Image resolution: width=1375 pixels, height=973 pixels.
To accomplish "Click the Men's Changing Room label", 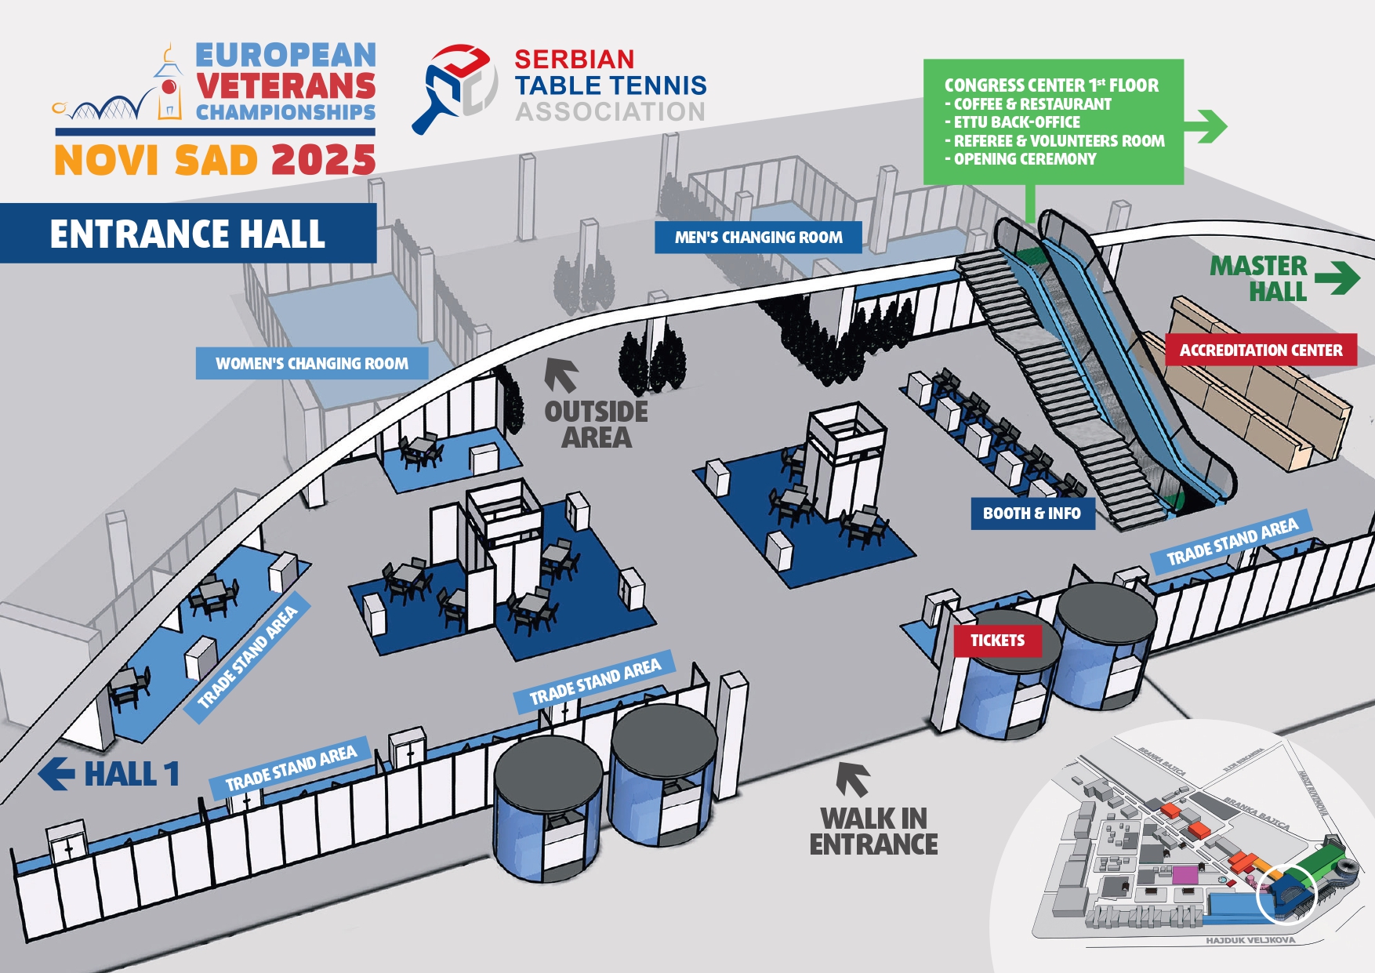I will tap(758, 238).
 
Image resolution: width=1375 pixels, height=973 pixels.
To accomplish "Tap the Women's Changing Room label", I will tap(312, 364).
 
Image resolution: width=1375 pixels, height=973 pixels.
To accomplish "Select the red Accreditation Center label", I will tap(1261, 350).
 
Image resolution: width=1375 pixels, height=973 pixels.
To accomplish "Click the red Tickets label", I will tap(997, 641).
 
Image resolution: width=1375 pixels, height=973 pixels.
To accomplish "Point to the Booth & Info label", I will tap(1032, 514).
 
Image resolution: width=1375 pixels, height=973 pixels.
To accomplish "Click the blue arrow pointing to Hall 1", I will tap(56, 774).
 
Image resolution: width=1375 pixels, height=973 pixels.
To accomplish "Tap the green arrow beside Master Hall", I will tap(1337, 278).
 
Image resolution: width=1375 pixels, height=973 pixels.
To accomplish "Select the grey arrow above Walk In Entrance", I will tap(852, 779).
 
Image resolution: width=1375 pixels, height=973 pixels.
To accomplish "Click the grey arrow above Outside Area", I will tap(561, 374).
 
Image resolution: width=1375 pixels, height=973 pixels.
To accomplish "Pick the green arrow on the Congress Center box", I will tap(1207, 125).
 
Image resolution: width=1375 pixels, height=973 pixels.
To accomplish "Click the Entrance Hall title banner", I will tap(187, 234).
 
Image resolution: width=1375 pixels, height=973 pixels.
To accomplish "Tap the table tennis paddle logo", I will tap(455, 88).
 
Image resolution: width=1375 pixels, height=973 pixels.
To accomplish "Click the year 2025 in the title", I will tap(323, 161).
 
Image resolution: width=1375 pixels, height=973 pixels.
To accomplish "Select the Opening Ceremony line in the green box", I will tap(1025, 159).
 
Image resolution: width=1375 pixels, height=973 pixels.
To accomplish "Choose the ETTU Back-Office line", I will tap(1017, 122).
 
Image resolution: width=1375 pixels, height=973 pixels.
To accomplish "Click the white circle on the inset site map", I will tap(1286, 895).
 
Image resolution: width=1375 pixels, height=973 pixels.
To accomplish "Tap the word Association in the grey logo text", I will tap(610, 112).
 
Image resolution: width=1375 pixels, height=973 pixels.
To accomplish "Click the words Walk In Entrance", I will tap(873, 831).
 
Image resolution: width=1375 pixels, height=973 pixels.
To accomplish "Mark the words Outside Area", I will tap(596, 424).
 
